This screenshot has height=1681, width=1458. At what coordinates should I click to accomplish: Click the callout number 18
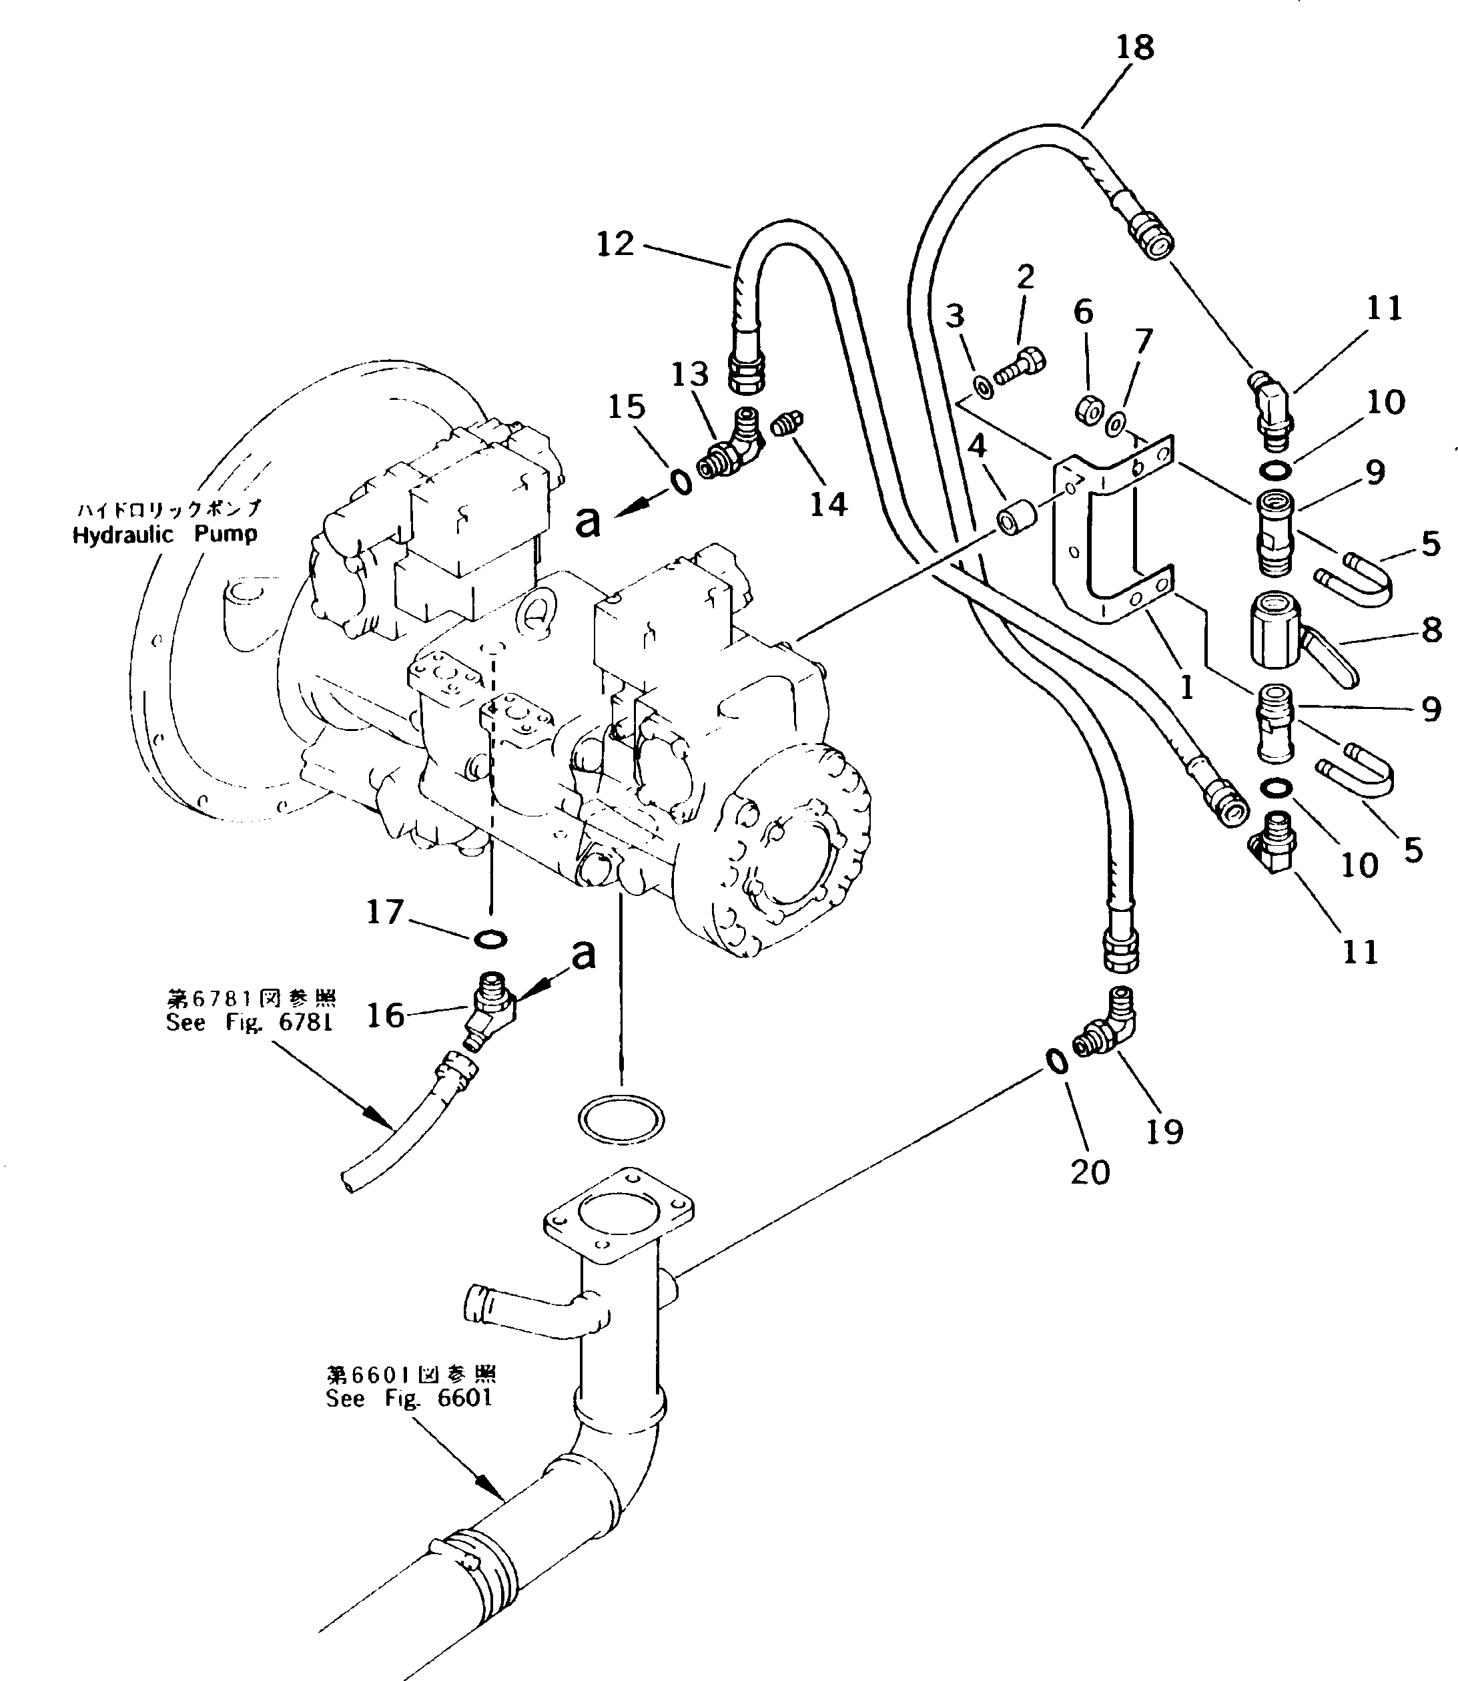pyautogui.click(x=1134, y=47)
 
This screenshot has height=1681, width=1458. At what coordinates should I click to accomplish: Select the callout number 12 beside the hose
pyautogui.click(x=615, y=244)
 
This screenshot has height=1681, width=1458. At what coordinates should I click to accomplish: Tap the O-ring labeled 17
pyautogui.click(x=490, y=939)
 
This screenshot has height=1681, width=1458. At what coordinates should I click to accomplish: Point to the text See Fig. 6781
pyautogui.click(x=250, y=1023)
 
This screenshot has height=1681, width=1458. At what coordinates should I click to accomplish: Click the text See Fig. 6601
pyautogui.click(x=409, y=1399)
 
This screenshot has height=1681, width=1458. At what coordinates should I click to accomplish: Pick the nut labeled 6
pyautogui.click(x=1088, y=409)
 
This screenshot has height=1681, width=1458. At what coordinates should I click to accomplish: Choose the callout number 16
pyautogui.click(x=385, y=1015)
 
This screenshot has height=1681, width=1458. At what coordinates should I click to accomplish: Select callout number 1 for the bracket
pyautogui.click(x=1186, y=688)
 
